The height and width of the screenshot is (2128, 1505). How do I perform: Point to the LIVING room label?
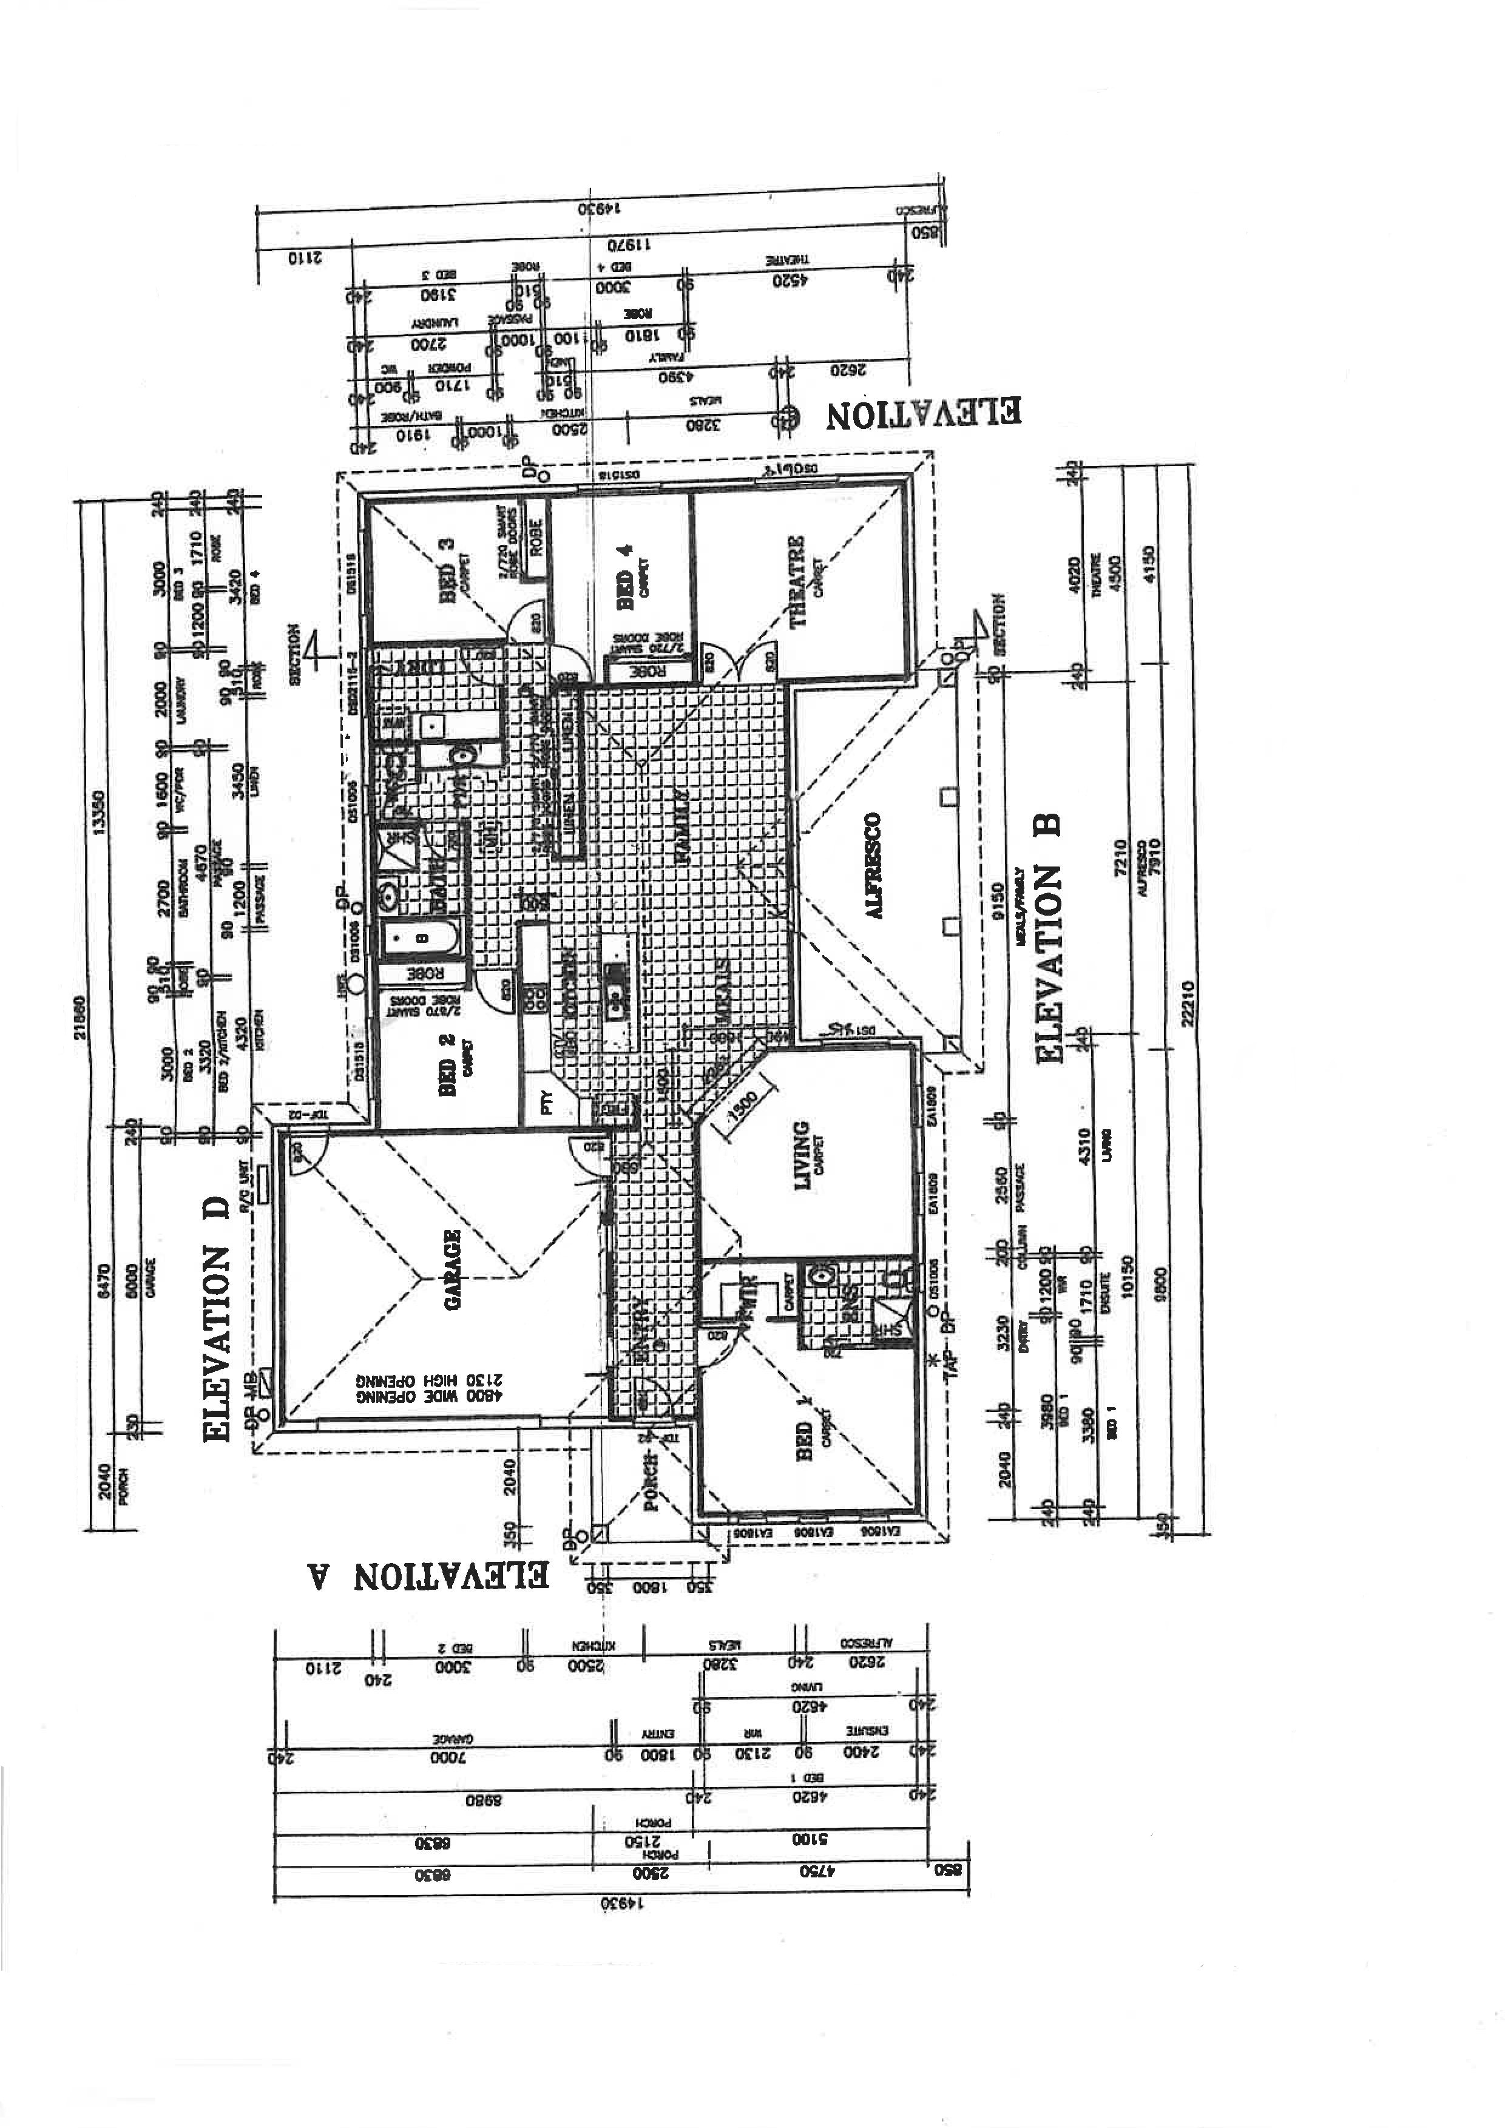[x=802, y=1157]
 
